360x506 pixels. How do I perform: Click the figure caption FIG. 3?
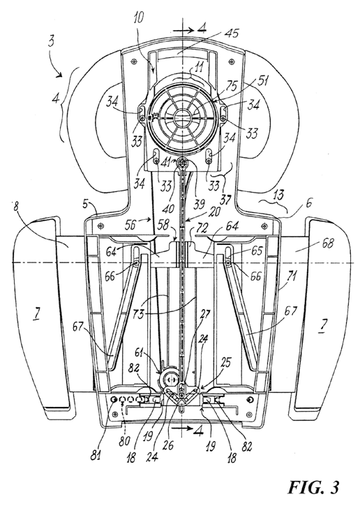coord(313,487)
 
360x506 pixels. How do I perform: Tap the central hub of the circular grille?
coord(181,117)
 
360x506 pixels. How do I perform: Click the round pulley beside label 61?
coord(170,376)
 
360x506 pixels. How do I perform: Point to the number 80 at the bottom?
coord(125,440)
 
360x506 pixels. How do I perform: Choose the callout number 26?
coord(168,446)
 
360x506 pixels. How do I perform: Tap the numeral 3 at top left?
coord(52,43)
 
